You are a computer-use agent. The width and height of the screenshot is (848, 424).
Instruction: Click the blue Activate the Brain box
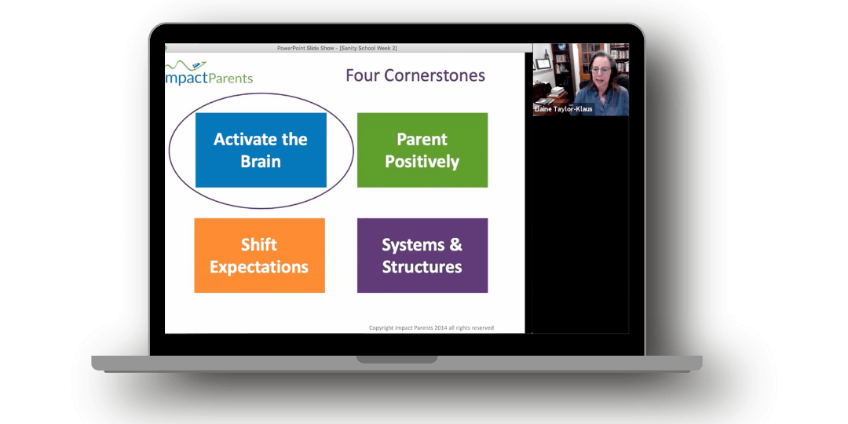[x=261, y=150]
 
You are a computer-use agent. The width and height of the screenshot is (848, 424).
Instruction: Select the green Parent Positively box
[x=422, y=150]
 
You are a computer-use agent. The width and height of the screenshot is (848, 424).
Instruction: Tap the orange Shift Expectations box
[x=260, y=255]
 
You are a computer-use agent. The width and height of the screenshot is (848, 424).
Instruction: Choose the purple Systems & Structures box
[x=422, y=255]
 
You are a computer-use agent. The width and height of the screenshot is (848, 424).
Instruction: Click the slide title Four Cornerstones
[x=415, y=75]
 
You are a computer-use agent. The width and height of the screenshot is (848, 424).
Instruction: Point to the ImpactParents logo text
[x=209, y=78]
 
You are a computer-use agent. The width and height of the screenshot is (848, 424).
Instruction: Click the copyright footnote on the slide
[x=431, y=327]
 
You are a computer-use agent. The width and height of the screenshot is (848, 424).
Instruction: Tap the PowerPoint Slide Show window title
[x=337, y=48]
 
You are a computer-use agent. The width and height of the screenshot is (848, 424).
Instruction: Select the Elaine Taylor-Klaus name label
[x=563, y=108]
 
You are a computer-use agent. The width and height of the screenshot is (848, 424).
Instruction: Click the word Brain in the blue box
[x=261, y=162]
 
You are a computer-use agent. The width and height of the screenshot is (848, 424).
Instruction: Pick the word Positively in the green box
[x=422, y=162]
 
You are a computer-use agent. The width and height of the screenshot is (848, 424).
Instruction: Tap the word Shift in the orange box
[x=259, y=244]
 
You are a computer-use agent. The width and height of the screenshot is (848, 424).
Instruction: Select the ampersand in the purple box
[x=455, y=245]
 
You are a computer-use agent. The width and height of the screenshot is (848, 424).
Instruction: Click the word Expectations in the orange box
[x=259, y=267]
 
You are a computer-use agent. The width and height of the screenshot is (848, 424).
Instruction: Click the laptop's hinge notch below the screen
[x=397, y=359]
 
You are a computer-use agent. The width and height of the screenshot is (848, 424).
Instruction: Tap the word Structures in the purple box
[x=422, y=267]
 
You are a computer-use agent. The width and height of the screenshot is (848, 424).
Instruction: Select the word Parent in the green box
[x=422, y=139]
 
